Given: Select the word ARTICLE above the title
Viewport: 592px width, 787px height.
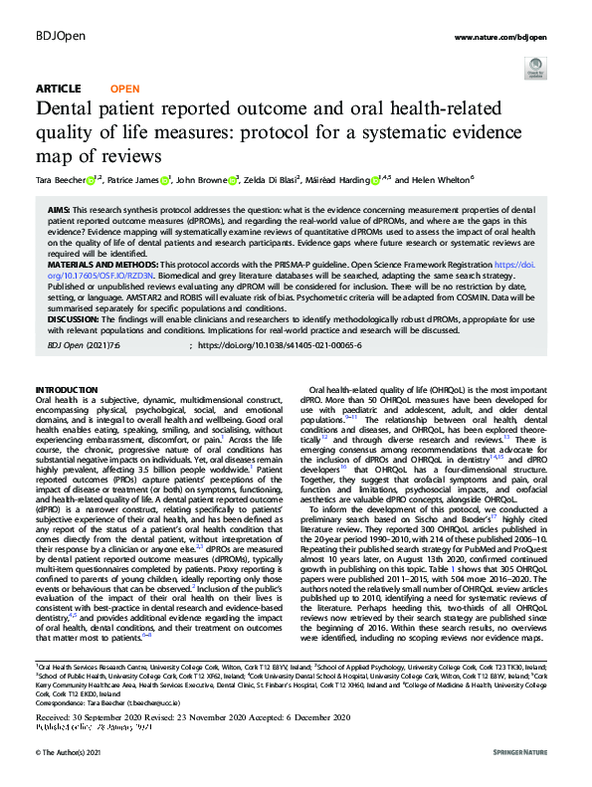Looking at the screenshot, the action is pyautogui.click(x=58, y=89).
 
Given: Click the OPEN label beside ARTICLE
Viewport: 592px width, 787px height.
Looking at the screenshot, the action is pyautogui.click(x=117, y=89).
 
